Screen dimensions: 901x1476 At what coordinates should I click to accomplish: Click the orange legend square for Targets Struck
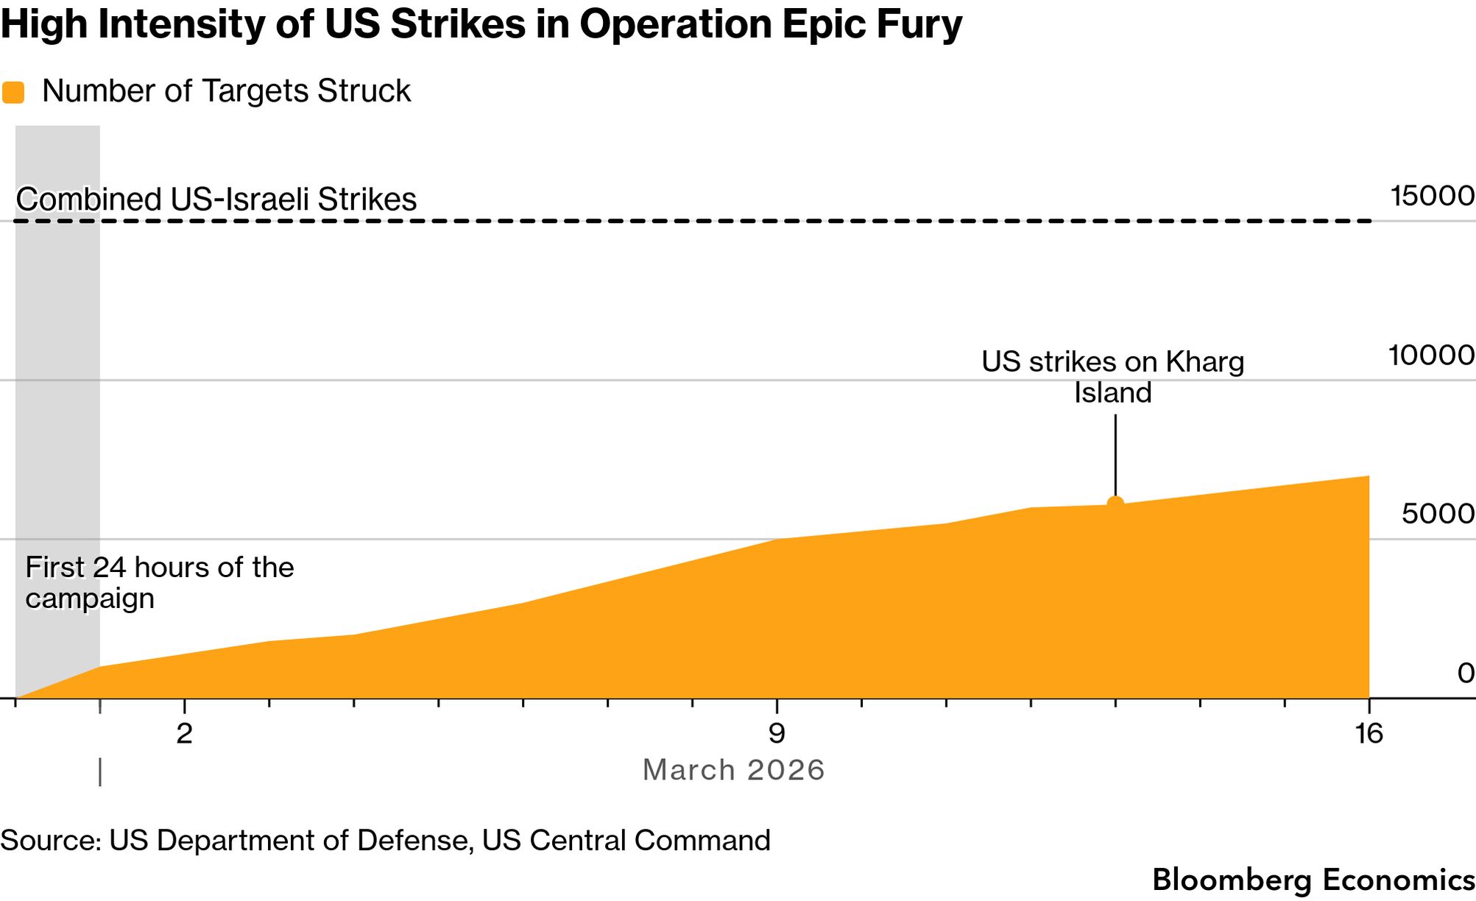[x=13, y=92]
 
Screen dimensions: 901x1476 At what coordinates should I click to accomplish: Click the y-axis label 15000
[x=1432, y=197]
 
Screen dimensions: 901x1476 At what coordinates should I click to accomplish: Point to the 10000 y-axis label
[x=1431, y=356]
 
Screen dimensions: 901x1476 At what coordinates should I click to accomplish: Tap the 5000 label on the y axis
[x=1438, y=514]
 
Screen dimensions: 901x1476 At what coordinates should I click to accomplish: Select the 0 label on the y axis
[x=1466, y=673]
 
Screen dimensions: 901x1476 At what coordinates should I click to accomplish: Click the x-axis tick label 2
[x=184, y=734]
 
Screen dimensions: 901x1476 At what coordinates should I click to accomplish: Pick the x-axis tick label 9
[x=776, y=734]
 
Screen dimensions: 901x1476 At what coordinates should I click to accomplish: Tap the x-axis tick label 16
[x=1369, y=734]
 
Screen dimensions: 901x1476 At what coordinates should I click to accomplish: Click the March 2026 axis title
[x=733, y=770]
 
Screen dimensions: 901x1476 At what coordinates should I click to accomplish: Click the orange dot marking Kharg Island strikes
[x=1115, y=504]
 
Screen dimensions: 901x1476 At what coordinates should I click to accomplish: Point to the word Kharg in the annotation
[x=1204, y=361]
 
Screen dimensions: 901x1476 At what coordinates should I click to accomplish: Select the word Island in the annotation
[x=1112, y=392]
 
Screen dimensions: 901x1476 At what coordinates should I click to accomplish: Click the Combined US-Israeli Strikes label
[x=216, y=199]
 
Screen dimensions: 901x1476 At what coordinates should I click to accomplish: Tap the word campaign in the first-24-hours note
[x=90, y=598]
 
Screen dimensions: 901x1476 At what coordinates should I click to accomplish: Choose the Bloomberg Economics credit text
[x=1313, y=880]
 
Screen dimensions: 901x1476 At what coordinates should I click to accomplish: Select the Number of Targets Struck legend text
[x=226, y=91]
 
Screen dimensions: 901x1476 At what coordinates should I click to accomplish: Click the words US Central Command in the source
[x=626, y=840]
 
